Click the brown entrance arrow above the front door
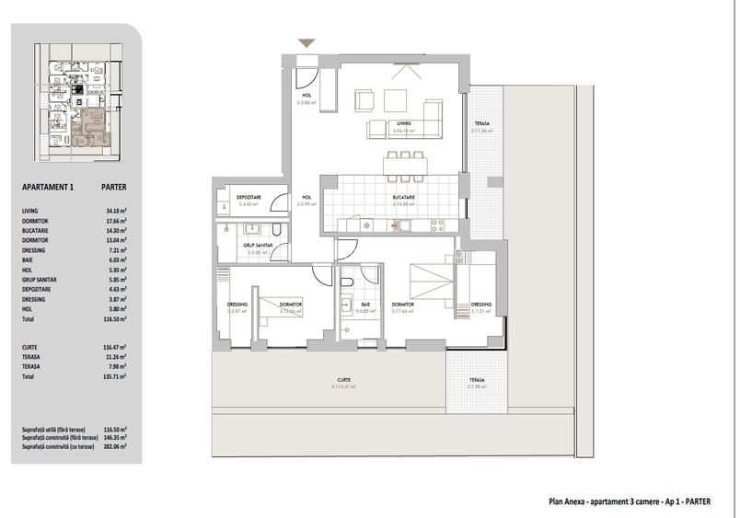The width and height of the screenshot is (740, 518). pos(306,42)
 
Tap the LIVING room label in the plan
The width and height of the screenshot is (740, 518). pos(403,122)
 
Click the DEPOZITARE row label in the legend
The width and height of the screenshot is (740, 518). pos(40,290)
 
